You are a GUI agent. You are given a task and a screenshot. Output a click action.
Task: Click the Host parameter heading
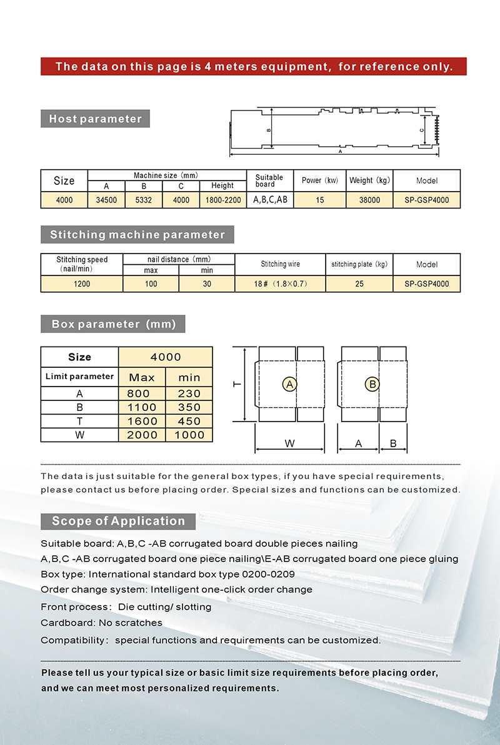95,119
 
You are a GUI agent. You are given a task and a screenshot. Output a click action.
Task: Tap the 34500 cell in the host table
106,200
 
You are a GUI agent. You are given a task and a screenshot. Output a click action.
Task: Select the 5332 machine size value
144,200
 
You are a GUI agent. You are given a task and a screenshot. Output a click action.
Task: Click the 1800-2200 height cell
222,200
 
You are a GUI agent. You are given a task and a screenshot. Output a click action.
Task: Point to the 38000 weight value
369,200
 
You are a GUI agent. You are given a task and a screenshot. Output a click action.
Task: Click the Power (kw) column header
319,180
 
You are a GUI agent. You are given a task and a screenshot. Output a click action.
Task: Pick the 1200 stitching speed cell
81,284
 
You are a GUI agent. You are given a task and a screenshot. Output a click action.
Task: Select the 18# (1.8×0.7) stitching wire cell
280,284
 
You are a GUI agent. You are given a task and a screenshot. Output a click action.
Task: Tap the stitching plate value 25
359,284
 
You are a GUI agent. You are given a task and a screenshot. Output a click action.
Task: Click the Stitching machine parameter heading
137,235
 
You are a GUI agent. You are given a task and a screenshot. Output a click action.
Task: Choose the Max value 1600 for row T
142,422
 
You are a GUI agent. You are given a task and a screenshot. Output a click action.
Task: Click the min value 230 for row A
189,394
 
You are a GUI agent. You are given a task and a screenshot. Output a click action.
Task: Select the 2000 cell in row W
142,435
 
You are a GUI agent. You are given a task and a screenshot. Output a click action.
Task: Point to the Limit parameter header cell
79,377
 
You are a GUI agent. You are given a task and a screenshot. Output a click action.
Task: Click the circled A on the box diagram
289,385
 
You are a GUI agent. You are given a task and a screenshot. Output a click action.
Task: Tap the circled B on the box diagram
372,385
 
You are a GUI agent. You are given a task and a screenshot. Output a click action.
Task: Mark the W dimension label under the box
289,443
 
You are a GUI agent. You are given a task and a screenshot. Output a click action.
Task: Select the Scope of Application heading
118,521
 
